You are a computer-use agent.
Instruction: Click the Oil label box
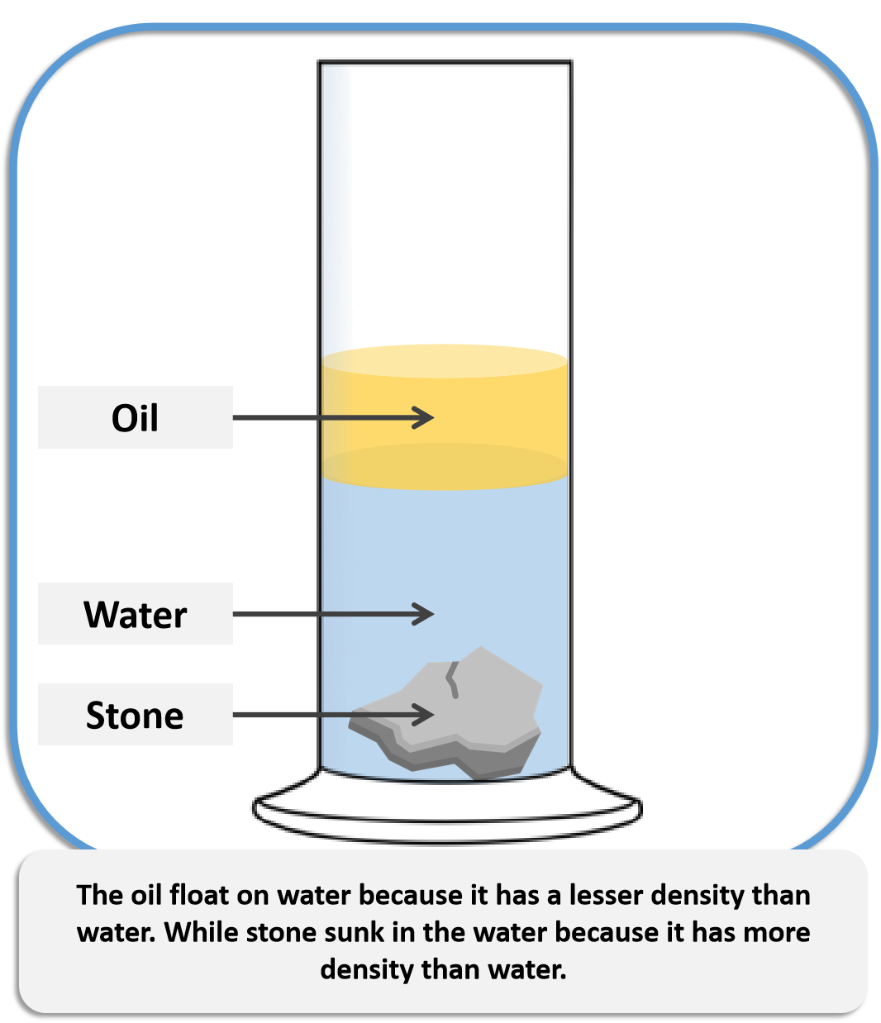coord(135,417)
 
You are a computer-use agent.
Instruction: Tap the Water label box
coord(135,614)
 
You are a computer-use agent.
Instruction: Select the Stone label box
coord(135,714)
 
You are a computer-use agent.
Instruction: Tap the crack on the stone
coord(451,679)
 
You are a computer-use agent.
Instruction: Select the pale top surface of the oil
coord(445,361)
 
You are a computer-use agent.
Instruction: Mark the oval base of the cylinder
coord(447,819)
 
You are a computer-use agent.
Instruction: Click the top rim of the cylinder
coord(445,62)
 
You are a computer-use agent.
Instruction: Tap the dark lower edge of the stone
coord(445,757)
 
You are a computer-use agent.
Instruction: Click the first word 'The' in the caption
coord(99,895)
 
